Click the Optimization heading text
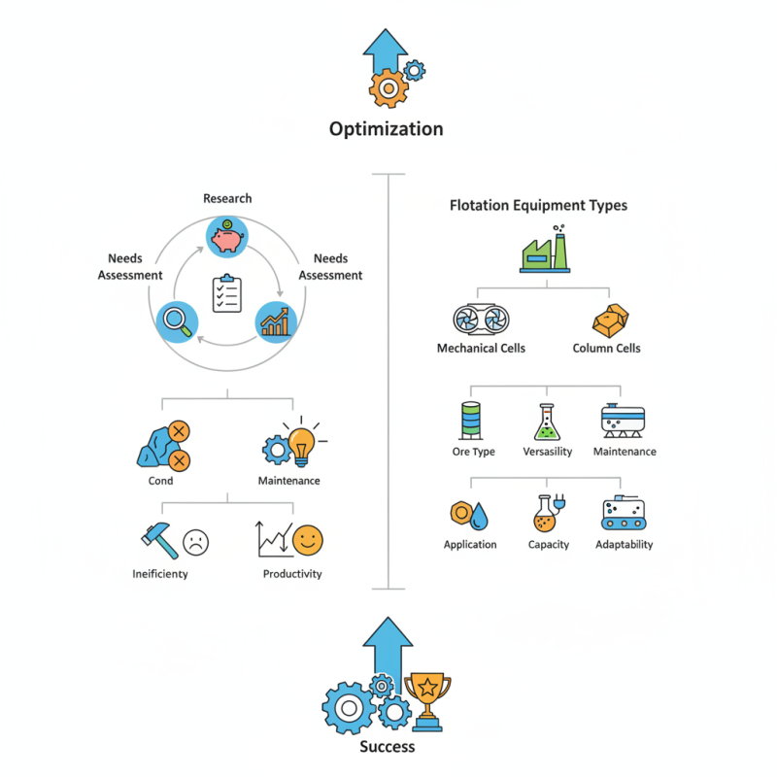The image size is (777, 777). pos(386,129)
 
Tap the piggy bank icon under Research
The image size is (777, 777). pos(227,236)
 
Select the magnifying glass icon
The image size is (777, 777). pos(177,321)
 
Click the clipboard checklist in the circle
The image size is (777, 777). pos(227,293)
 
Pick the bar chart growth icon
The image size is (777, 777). pos(276,321)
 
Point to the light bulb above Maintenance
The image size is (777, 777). pos(303,443)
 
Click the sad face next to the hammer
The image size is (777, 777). pos(196,541)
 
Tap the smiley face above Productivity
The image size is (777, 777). pos(308,539)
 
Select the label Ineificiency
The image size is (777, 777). pos(160,574)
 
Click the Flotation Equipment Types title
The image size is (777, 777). pos(538,206)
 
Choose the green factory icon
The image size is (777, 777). pos(545,252)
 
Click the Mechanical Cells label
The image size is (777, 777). pos(481,349)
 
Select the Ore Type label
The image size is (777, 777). pos(473,452)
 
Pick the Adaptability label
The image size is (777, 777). pos(624,545)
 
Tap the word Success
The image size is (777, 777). pos(388,747)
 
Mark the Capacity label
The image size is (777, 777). pos(548,545)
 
